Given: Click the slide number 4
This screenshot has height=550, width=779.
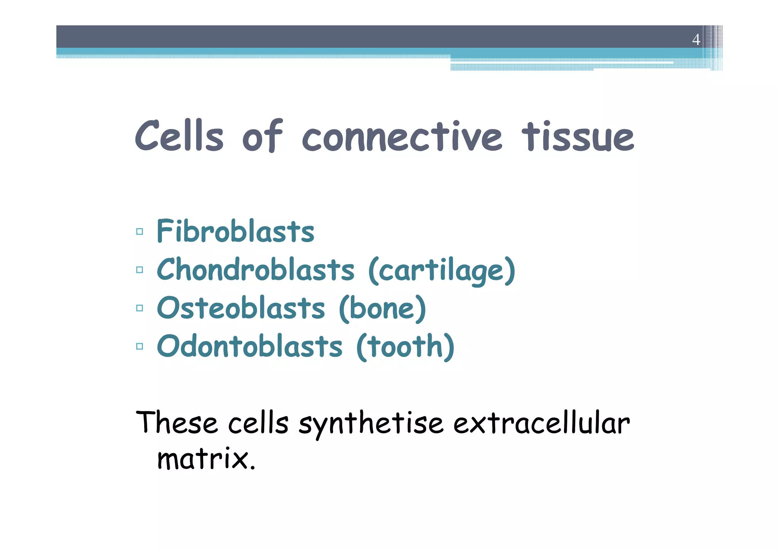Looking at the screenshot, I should [x=696, y=40].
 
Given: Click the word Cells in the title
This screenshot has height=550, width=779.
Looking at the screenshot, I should [x=179, y=136].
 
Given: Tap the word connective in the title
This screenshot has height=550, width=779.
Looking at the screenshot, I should [x=402, y=137].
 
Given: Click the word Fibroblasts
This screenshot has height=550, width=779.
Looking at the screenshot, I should [x=235, y=231].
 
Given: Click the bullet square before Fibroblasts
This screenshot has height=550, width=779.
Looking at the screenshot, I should [x=140, y=231].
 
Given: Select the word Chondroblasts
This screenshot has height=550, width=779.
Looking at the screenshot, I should [x=256, y=269].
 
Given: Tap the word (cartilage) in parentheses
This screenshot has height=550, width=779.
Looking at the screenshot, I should [x=442, y=270].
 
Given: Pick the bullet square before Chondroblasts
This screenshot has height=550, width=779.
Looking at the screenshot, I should [x=140, y=270].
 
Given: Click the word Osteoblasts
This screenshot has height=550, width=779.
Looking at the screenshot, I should [x=241, y=308].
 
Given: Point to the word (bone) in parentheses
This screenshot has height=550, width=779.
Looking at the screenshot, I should [x=382, y=308].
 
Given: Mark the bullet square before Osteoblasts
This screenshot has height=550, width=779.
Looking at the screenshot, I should [x=140, y=308].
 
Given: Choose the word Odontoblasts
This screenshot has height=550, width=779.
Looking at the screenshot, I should [x=250, y=346].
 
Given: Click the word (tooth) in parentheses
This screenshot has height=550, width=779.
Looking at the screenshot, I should [x=405, y=347].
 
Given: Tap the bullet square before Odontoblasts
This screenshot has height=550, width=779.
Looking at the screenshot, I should [x=140, y=346].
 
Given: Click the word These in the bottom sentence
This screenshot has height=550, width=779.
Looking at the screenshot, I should [x=177, y=423].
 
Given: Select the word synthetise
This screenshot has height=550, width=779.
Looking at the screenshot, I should [x=371, y=423].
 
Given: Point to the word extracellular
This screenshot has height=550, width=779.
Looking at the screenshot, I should [x=541, y=423].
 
